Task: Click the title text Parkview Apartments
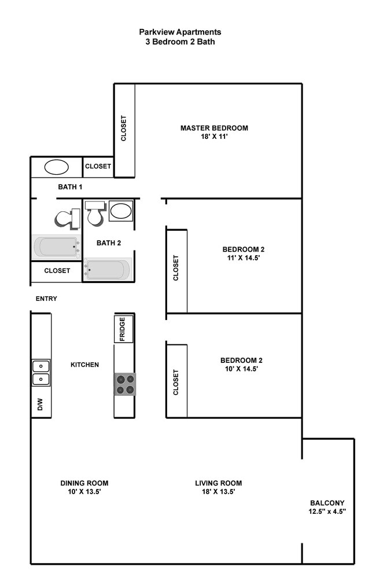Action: coord(180,32)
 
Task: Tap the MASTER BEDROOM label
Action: coord(214,128)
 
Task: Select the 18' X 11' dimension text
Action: coord(214,137)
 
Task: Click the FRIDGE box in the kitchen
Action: coord(124,329)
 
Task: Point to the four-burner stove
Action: coord(125,384)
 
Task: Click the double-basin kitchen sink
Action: coord(40,373)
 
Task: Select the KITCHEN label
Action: coord(84,365)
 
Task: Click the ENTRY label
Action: coord(46,299)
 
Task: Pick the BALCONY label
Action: coord(327,503)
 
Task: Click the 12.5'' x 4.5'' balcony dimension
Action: coord(327,512)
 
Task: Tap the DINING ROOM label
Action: coord(84,483)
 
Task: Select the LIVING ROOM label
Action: coord(218,483)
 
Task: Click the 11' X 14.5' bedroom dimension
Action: coord(243,259)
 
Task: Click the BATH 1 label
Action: coord(71,187)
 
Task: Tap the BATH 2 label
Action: coord(109,243)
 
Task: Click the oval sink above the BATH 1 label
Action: coord(57,167)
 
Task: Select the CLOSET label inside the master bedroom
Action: coord(124,128)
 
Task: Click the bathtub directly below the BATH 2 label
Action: coord(108,269)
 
